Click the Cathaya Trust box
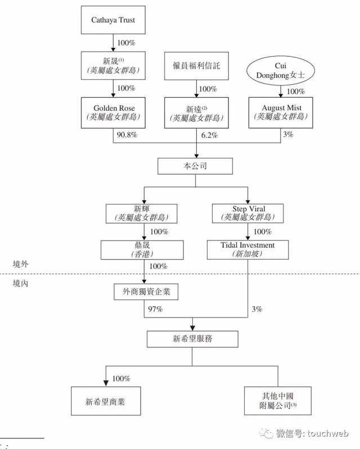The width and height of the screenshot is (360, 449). [x=114, y=20]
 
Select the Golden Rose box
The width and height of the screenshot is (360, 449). [x=114, y=112]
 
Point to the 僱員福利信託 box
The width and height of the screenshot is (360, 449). [x=196, y=66]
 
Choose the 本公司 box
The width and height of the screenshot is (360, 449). [x=195, y=167]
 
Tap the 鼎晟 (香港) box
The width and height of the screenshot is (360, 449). [x=144, y=250]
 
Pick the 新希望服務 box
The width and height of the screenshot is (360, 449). [x=193, y=339]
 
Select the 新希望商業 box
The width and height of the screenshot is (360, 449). [x=105, y=401]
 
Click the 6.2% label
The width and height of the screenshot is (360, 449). [x=209, y=136]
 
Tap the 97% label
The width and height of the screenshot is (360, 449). [x=155, y=309]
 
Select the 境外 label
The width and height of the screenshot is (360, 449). [x=21, y=264]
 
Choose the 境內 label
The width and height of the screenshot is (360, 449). [x=21, y=283]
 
